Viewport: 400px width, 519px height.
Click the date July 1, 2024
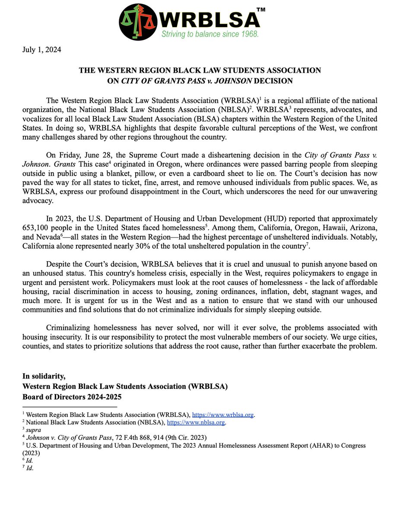[x=42, y=50]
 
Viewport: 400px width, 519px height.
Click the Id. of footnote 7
[x=29, y=468]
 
